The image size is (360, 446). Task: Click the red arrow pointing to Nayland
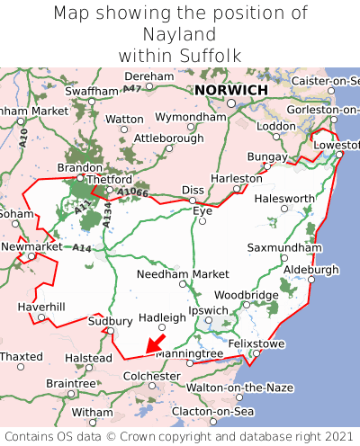point(155,343)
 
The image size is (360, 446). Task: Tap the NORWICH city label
point(230,91)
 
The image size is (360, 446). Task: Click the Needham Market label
point(184,273)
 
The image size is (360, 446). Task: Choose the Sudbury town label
point(111,321)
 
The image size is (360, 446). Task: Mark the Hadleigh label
point(162,317)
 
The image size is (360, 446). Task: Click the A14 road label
point(82,247)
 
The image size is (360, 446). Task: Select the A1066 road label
point(132,192)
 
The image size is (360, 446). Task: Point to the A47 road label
point(132,88)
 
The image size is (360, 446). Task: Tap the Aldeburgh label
point(311,269)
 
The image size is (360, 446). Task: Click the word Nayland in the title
point(180,34)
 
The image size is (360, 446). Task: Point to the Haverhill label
point(41,307)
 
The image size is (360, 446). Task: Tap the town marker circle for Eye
point(202,221)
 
